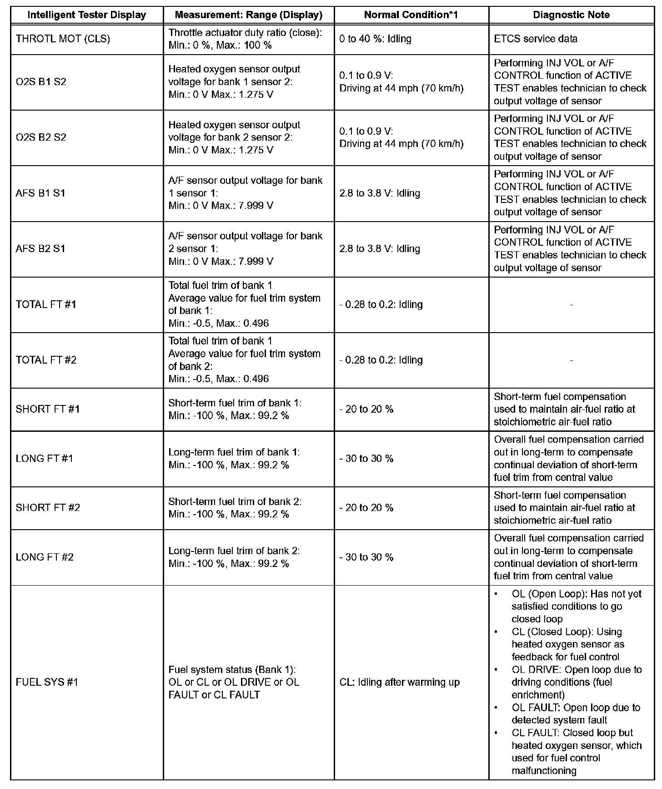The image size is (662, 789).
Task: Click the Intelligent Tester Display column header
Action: pos(87,15)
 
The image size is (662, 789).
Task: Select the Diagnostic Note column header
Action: pos(571,15)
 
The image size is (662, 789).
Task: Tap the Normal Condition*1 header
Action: pos(411,15)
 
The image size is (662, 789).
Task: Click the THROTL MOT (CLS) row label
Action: pos(63,39)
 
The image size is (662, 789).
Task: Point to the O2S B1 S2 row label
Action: pos(41,82)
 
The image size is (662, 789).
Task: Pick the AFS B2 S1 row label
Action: pos(40,248)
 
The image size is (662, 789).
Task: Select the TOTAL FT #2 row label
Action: pos(46,360)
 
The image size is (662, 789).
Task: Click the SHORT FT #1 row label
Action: pos(48,409)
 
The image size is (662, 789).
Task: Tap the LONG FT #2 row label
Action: pos(45,557)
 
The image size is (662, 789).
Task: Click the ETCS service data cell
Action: pos(536,39)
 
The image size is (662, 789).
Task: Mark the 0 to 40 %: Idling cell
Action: pos(375,39)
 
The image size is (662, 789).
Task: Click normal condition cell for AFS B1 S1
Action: pos(380,193)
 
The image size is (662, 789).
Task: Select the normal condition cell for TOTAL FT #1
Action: pos(381,304)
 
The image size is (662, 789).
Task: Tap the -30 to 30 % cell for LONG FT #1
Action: pos(366,458)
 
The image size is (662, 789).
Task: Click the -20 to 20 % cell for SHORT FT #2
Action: pos(366,507)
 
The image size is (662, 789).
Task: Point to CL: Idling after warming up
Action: pos(400,682)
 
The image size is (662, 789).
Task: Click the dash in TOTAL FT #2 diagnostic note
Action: pos(571,360)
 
